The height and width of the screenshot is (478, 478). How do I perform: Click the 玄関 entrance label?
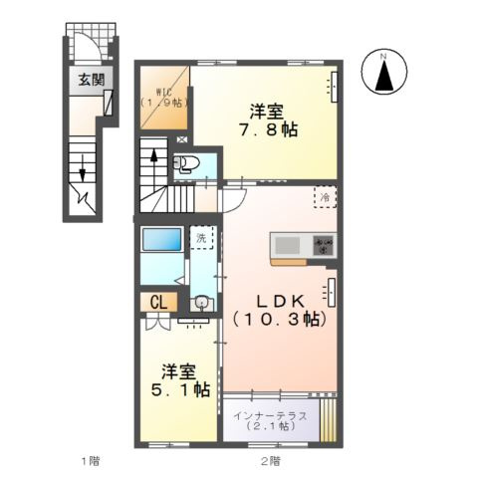click(91, 80)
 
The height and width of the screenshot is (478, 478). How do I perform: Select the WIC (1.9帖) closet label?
click(164, 98)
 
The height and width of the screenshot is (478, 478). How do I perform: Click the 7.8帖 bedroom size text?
click(269, 129)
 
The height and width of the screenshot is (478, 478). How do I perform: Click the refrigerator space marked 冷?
click(326, 197)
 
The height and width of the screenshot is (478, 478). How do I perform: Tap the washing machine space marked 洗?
click(201, 238)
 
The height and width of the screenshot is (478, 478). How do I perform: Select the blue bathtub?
click(162, 239)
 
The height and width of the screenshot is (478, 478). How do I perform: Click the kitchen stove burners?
click(324, 245)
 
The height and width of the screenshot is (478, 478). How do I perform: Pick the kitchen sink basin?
click(288, 245)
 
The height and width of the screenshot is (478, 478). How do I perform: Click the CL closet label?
click(159, 303)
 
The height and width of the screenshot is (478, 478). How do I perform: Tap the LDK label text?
click(281, 301)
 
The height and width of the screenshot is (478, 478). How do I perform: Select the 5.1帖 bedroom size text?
click(180, 389)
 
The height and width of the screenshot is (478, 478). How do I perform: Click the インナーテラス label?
click(270, 415)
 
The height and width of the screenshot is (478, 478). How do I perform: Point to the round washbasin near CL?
click(200, 302)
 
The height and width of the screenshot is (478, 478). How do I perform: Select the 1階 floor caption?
click(91, 461)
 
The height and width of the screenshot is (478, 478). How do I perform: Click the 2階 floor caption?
click(270, 461)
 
